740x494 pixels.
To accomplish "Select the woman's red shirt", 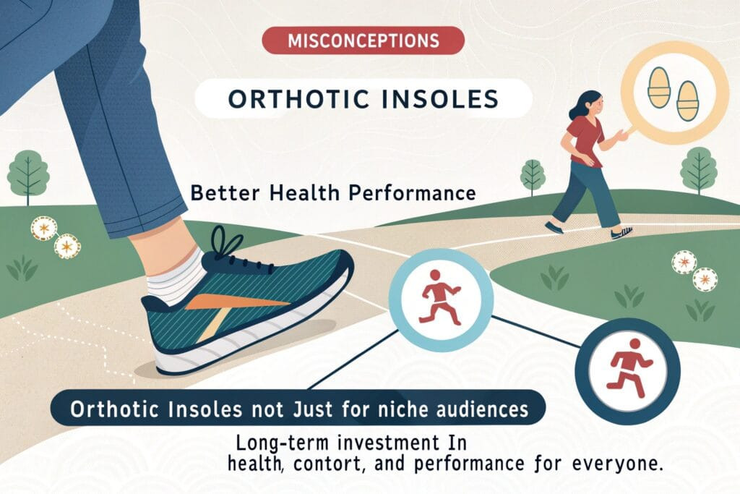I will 584,140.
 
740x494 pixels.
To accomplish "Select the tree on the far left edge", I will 27,174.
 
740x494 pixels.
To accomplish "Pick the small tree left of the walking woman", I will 533,176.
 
